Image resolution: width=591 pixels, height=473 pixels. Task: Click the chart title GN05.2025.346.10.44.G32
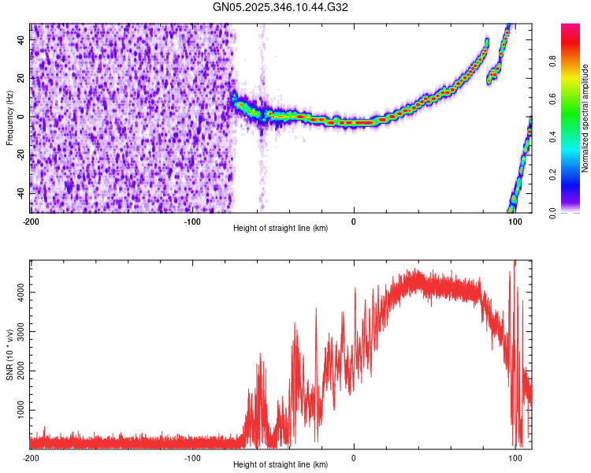click(281, 8)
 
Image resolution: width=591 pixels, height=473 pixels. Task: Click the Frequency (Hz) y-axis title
click(9, 118)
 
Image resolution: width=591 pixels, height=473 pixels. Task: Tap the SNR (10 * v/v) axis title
click(9, 355)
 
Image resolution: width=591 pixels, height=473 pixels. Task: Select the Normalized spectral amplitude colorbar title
click(585, 118)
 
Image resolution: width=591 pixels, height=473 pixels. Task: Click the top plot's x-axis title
click(281, 229)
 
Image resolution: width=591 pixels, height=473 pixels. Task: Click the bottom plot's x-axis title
click(281, 465)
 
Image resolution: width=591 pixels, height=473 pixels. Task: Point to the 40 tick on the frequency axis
click(22, 39)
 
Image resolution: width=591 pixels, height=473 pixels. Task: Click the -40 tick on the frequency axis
click(20, 193)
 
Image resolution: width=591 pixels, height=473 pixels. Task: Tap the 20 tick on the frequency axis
click(22, 77)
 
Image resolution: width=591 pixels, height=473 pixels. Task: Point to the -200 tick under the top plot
click(32, 221)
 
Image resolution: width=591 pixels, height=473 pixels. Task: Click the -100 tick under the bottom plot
click(192, 457)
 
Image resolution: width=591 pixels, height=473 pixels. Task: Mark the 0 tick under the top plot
click(354, 221)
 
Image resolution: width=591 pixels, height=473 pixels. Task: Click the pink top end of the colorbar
click(571, 28)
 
